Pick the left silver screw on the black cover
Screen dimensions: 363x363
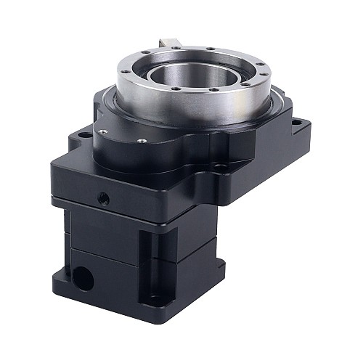coord(102,131)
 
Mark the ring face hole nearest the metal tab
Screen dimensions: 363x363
coord(178,48)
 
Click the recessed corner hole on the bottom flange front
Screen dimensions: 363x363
coord(154,298)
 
